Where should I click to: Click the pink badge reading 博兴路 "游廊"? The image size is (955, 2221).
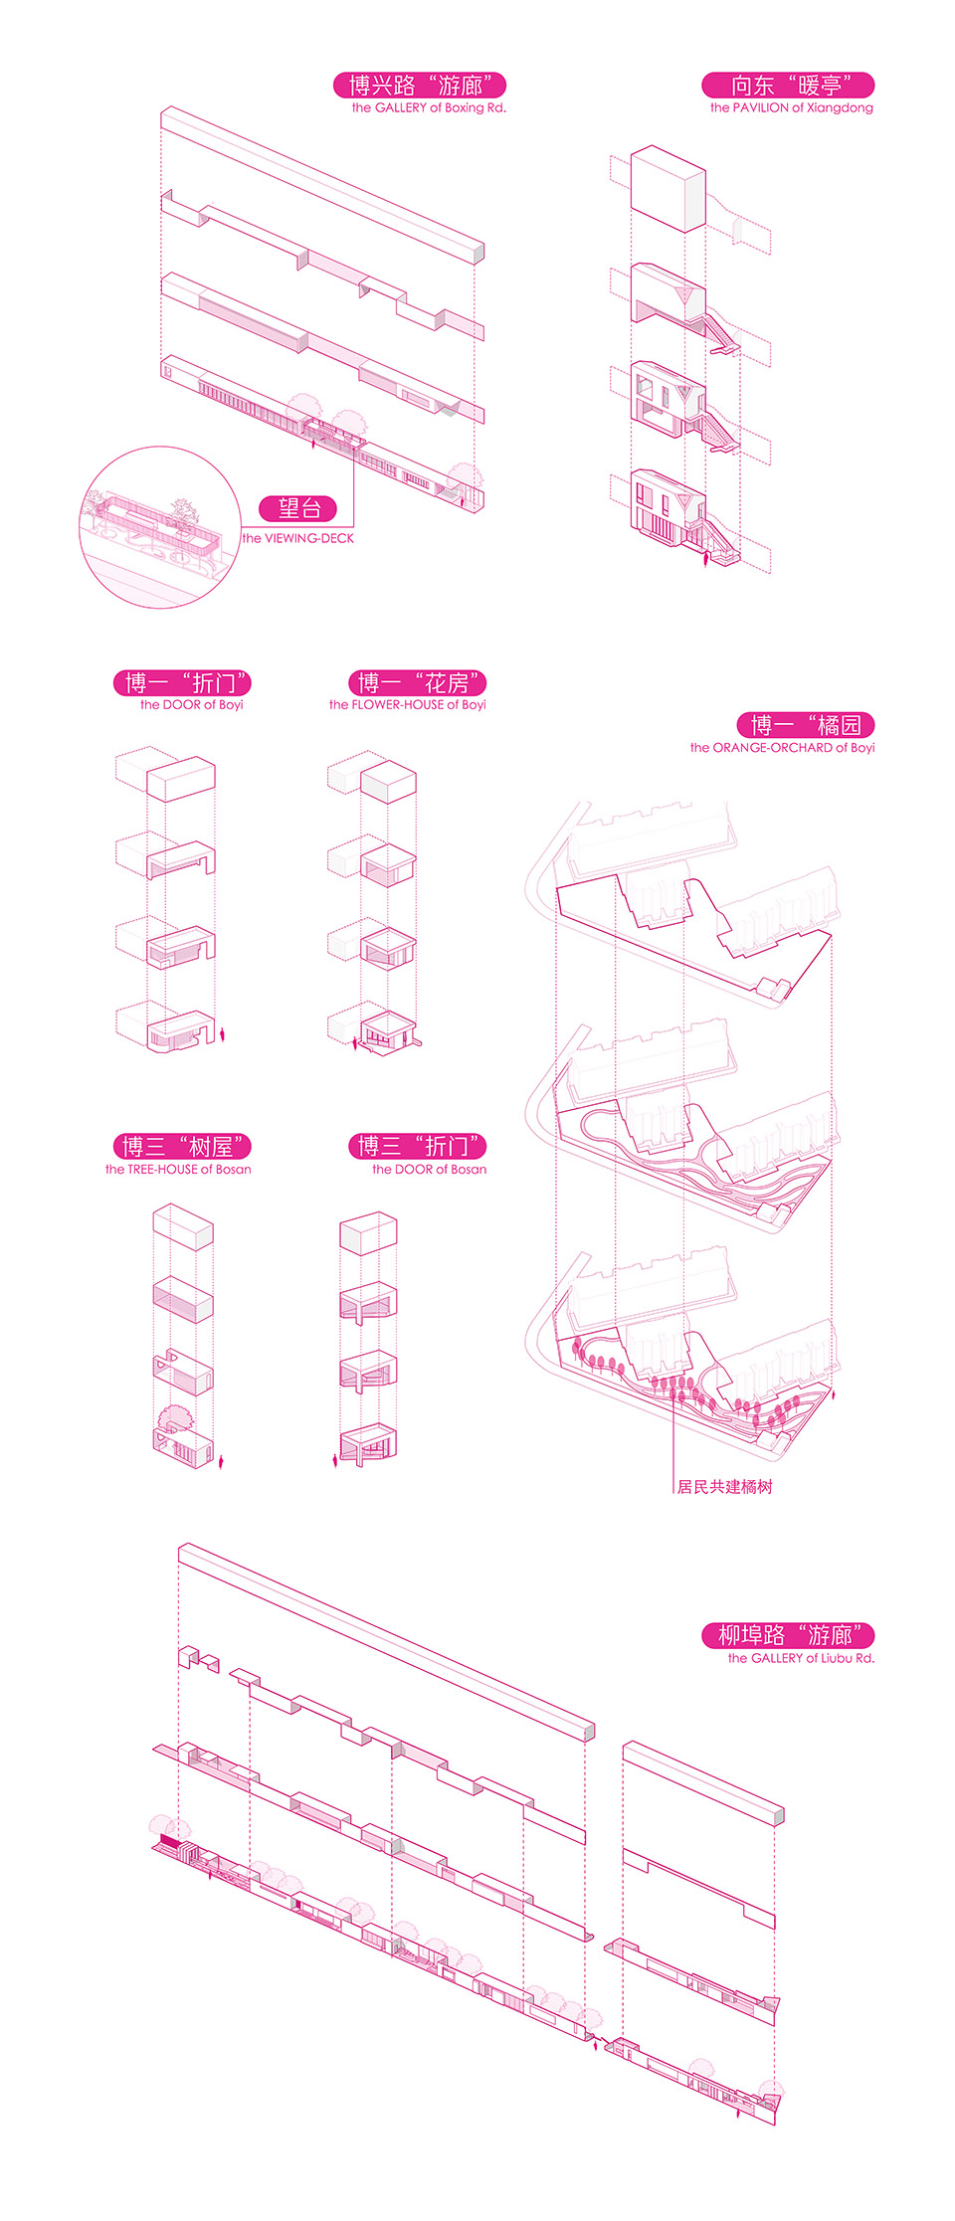tap(420, 86)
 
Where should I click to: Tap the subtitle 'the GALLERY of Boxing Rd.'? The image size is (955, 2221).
tap(429, 108)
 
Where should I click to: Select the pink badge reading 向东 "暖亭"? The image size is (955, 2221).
tap(788, 86)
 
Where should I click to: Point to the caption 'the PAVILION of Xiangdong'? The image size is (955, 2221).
tap(792, 108)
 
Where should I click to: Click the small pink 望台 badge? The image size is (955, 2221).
tap(298, 509)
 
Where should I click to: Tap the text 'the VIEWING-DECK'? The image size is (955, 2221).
tap(298, 538)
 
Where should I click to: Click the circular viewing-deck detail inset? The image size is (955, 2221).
tap(159, 527)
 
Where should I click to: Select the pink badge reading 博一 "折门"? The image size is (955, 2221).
tap(182, 683)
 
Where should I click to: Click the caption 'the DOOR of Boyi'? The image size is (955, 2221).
tap(192, 705)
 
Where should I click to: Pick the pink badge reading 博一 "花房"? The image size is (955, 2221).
tap(418, 683)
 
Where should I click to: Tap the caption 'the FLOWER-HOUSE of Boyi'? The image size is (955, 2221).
tap(408, 705)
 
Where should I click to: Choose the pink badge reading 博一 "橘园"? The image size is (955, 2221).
tap(806, 725)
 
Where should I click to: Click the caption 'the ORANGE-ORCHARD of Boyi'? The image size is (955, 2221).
tap(783, 748)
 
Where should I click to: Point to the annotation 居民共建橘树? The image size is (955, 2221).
tap(724, 1487)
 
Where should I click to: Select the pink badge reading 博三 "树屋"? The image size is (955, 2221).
tap(182, 1147)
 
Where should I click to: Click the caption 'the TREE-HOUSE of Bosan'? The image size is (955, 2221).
tap(179, 1170)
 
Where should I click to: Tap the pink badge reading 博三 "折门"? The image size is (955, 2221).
tap(418, 1147)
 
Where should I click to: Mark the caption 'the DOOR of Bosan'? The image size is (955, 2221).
tap(430, 1170)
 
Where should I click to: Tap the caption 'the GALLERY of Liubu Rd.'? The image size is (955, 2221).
tap(801, 1658)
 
